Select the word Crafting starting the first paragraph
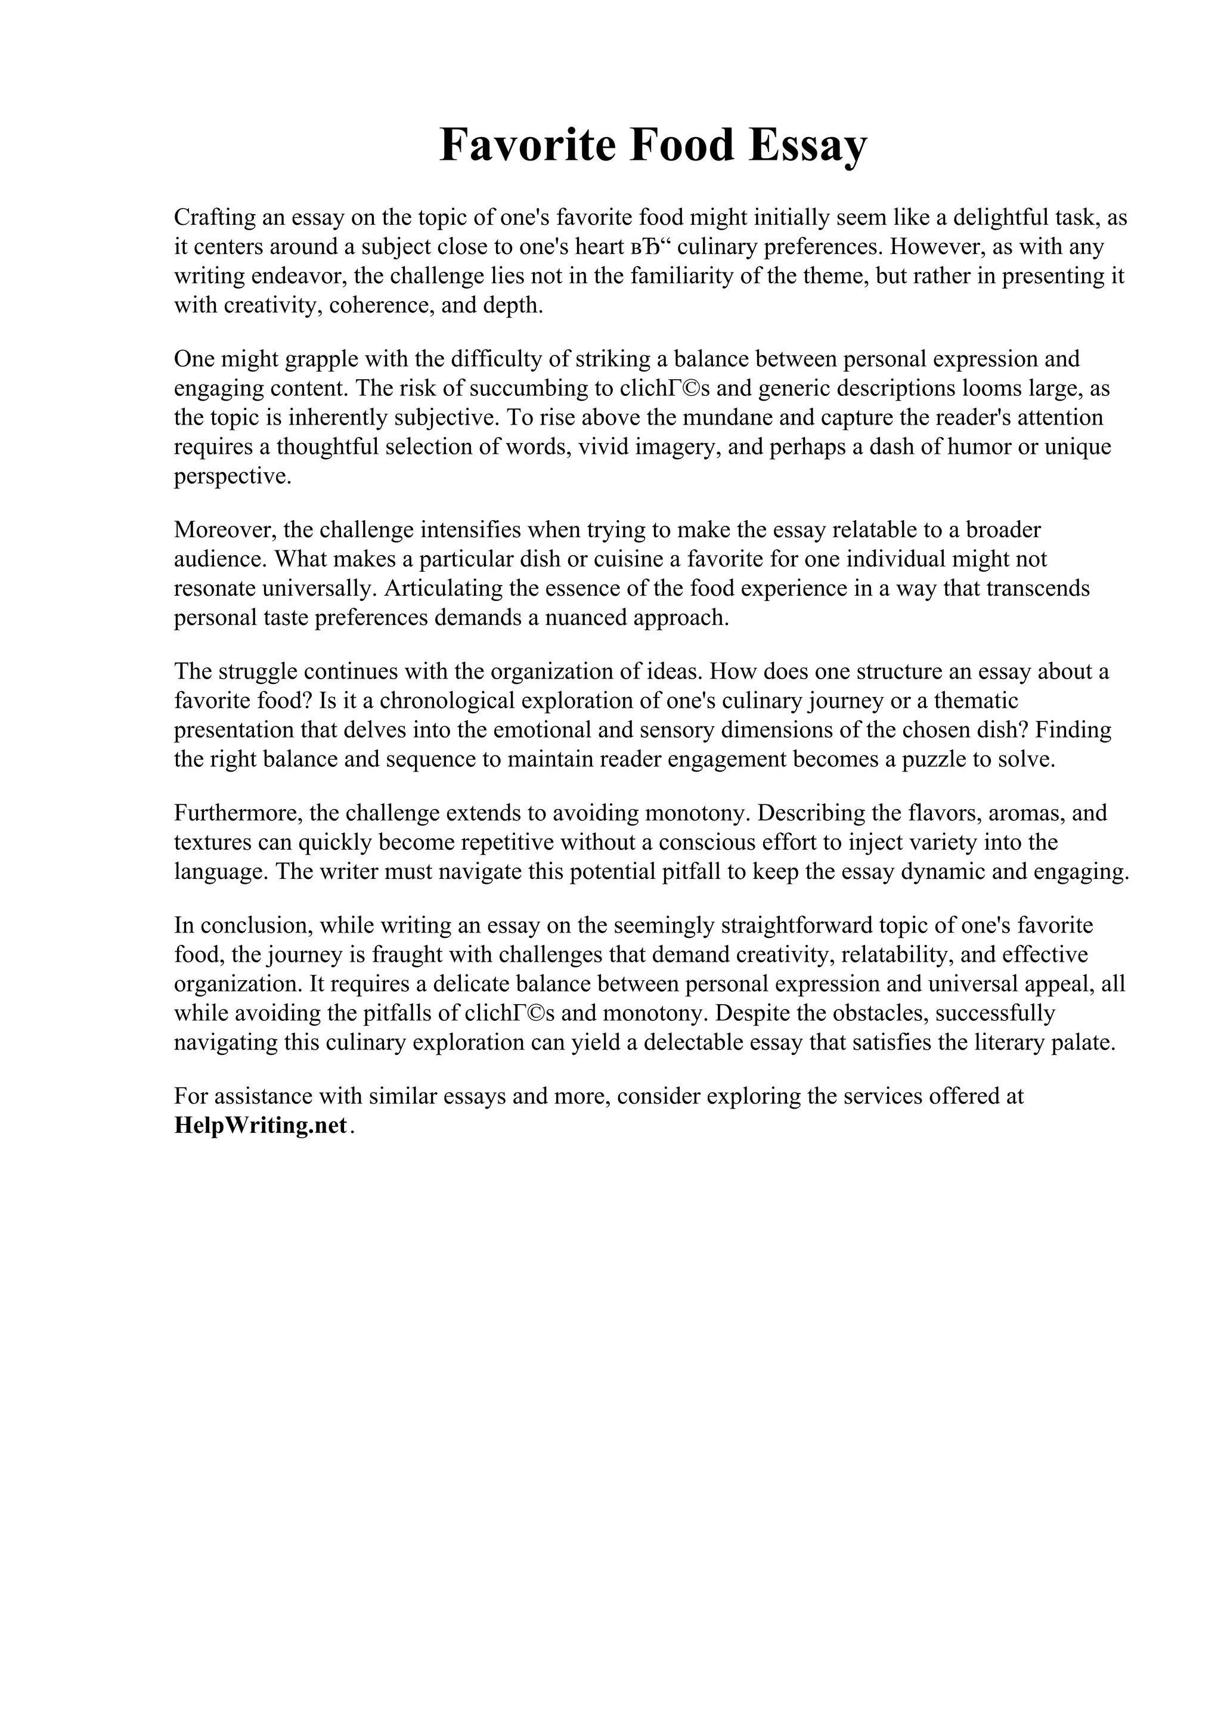(x=215, y=218)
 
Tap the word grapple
(x=312, y=358)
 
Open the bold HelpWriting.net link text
(x=261, y=1125)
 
